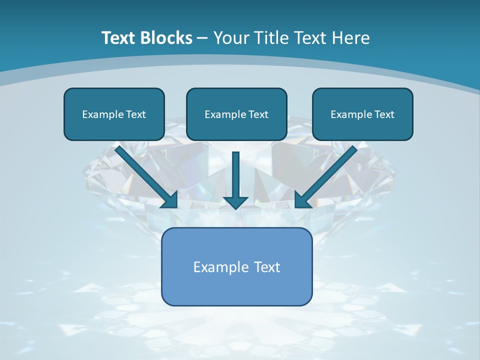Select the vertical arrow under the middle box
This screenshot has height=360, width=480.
tap(235, 175)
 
